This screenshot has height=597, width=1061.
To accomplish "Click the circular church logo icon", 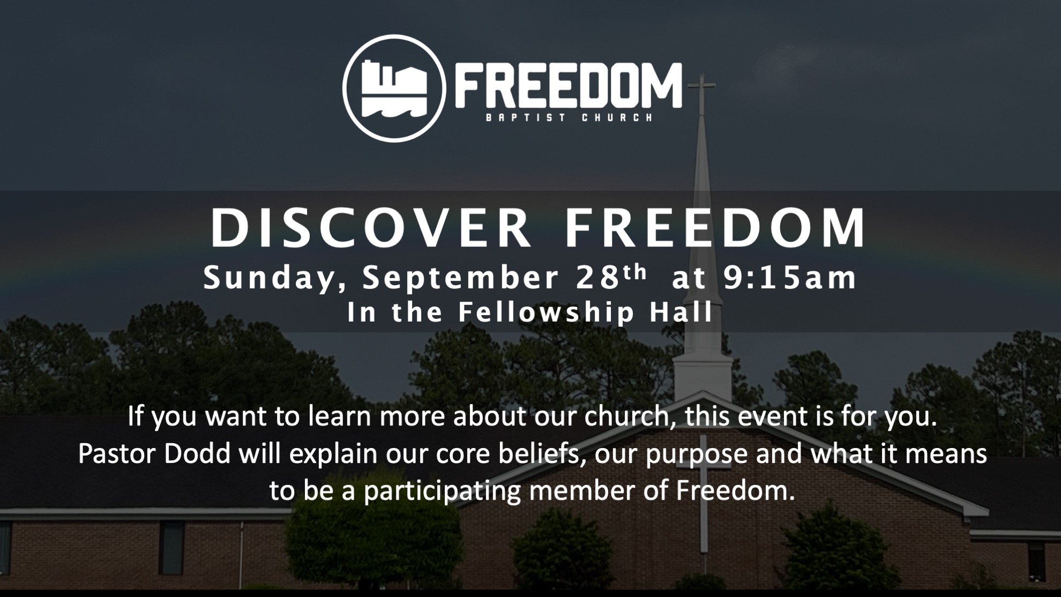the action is pos(394,88).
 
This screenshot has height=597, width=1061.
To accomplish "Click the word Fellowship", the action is pos(547,312).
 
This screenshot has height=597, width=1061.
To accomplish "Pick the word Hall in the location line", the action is pos(681,311).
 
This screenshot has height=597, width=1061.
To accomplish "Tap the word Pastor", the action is pos(117,454).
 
